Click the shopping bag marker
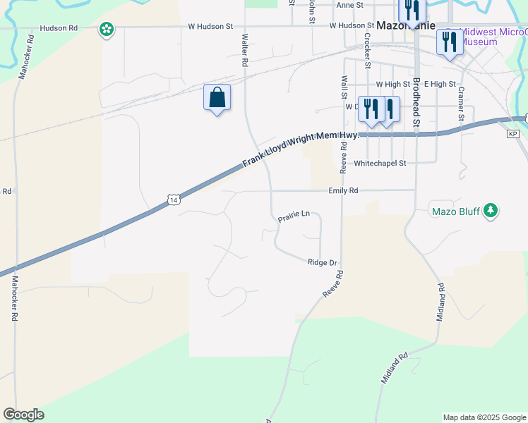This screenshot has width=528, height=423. [x=217, y=97]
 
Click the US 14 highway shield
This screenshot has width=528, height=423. [x=174, y=200]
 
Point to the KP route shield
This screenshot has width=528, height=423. [x=512, y=133]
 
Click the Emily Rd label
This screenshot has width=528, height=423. [x=343, y=190]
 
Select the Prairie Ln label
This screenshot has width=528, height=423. [x=294, y=219]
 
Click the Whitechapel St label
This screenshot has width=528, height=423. [x=380, y=163]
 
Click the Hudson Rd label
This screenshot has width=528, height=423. [x=59, y=28]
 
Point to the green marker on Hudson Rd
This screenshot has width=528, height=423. [x=107, y=30]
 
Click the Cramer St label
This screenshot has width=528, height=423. [x=460, y=102]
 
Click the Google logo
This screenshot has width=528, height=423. [x=23, y=415]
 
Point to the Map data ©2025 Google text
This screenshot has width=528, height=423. [x=484, y=417]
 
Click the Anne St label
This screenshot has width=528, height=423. [x=349, y=5]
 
